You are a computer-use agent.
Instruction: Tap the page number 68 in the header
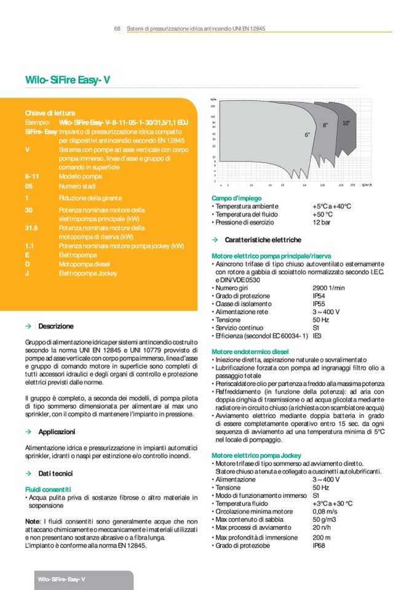tap(117, 29)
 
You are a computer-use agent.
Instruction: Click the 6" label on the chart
tap(307, 134)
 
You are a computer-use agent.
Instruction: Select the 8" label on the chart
tap(325, 125)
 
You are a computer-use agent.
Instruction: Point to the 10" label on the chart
tap(346, 123)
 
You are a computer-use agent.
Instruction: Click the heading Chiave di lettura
tap(50, 114)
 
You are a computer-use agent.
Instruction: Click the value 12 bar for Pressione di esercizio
tap(322, 222)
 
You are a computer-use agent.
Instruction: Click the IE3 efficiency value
tap(317, 336)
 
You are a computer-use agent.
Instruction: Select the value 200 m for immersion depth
tap(321, 537)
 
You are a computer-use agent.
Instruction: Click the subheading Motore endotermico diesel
tap(245, 351)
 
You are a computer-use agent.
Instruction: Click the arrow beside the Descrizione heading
tap(28, 325)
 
